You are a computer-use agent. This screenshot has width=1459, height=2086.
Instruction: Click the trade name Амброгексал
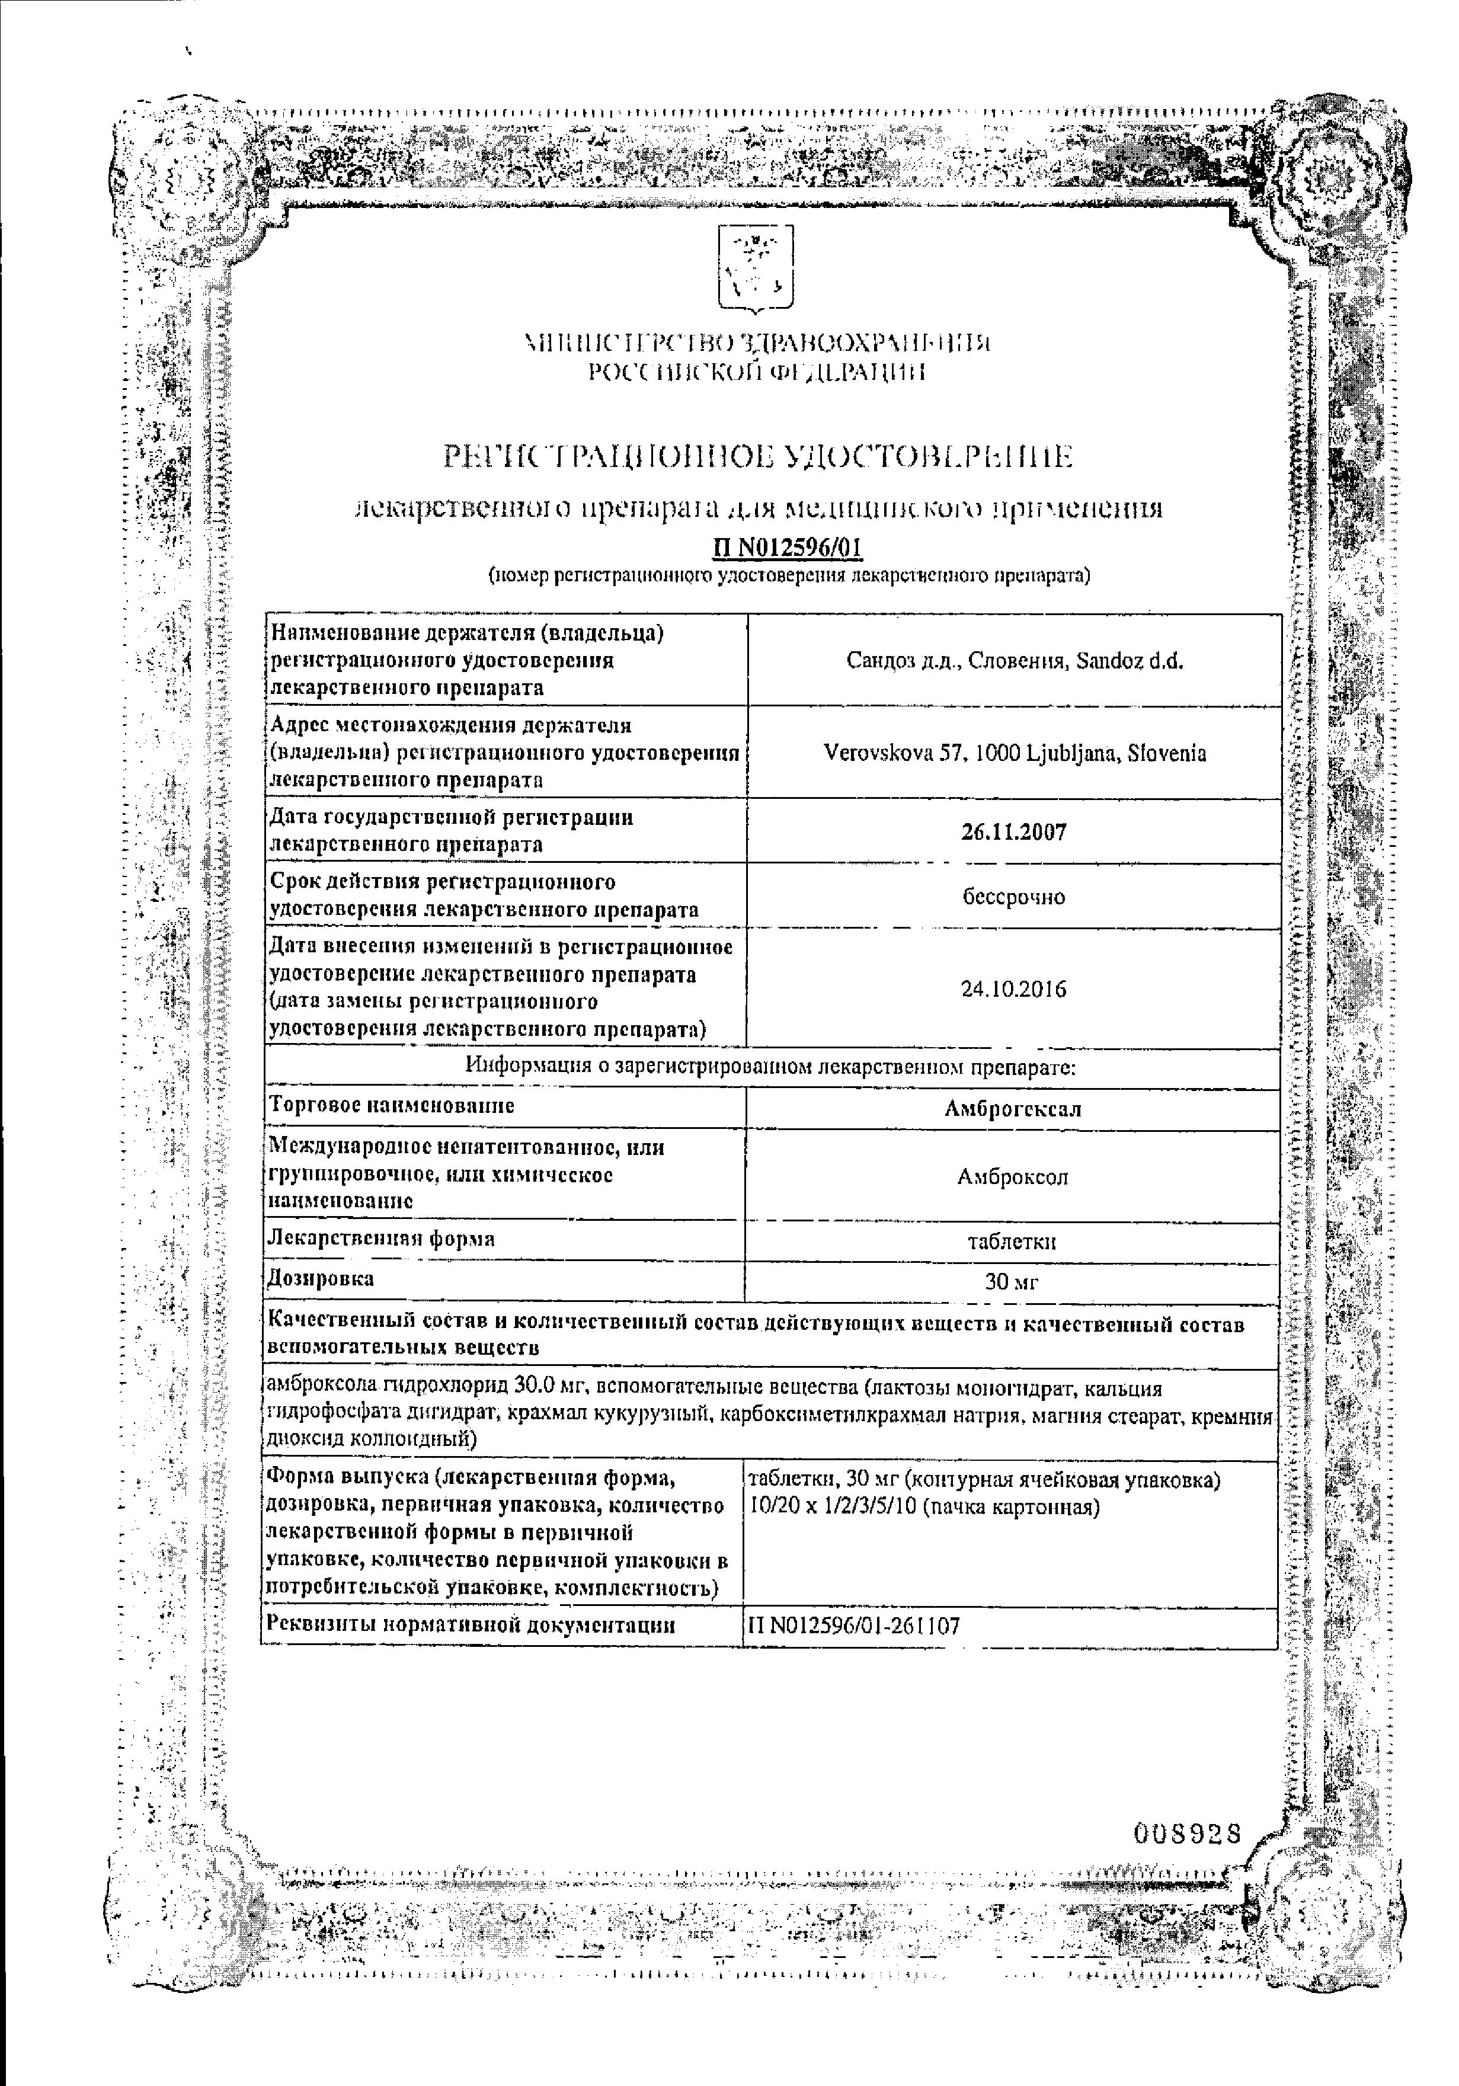point(1013,1108)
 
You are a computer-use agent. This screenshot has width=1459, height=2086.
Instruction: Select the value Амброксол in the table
point(1012,1176)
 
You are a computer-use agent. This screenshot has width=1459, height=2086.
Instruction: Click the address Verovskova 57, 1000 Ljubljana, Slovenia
point(1014,753)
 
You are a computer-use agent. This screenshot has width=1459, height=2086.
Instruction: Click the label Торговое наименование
point(392,1106)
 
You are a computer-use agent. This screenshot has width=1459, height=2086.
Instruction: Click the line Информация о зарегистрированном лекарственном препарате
point(769,1067)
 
